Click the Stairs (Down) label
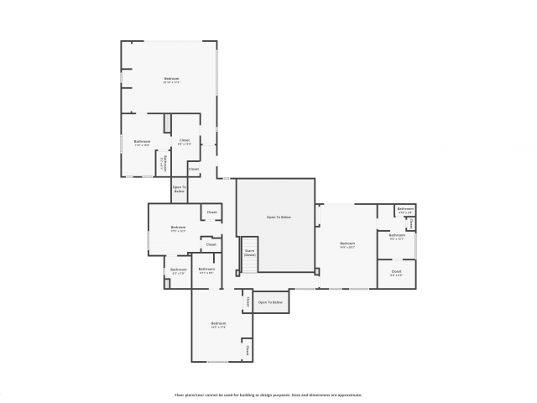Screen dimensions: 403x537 coord(250,252)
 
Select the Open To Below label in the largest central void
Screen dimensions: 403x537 coord(279,217)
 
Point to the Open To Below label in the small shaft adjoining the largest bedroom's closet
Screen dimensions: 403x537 coord(179,190)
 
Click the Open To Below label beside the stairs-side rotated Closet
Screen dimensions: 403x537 coord(270,302)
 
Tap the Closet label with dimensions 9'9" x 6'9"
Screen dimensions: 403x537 coord(396,272)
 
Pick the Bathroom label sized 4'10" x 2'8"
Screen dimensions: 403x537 coord(405,209)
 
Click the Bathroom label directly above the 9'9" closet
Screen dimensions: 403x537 coord(398,235)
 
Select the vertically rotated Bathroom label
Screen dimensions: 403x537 coord(165,162)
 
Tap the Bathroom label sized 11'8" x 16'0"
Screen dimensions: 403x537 coord(142,142)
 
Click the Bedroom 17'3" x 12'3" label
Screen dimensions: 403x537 coord(178,228)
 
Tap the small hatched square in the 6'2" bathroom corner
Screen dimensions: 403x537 coord(167,284)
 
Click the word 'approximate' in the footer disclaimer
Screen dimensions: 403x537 coord(347,394)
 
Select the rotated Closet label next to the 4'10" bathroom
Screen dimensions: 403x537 coord(411,222)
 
